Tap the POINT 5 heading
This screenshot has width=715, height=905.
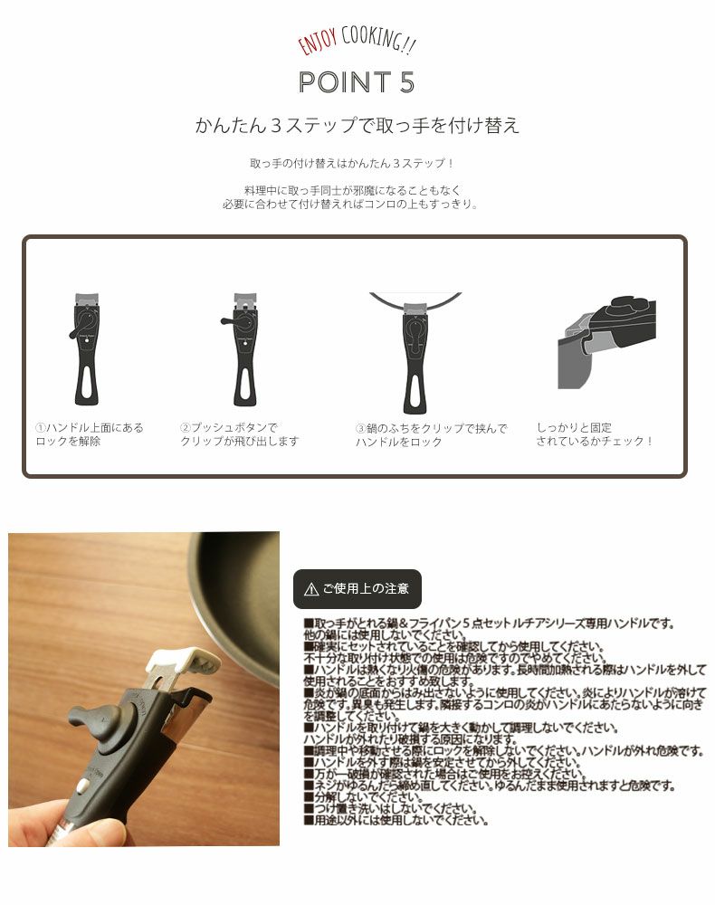tap(357, 81)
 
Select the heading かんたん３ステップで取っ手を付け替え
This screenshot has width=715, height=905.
tap(357, 125)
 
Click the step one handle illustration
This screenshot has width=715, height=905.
tap(86, 348)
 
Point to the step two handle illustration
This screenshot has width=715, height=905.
tap(243, 348)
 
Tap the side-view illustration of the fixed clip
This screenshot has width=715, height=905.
tap(605, 339)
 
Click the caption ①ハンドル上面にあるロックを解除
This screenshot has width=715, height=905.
tap(90, 434)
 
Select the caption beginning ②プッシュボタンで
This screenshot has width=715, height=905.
tap(239, 434)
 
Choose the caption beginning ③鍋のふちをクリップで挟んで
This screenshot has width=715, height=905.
tap(431, 434)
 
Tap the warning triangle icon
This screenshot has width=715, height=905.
tap(311, 589)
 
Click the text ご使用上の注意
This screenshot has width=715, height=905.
tap(366, 589)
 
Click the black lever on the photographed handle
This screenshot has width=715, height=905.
tap(91, 720)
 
